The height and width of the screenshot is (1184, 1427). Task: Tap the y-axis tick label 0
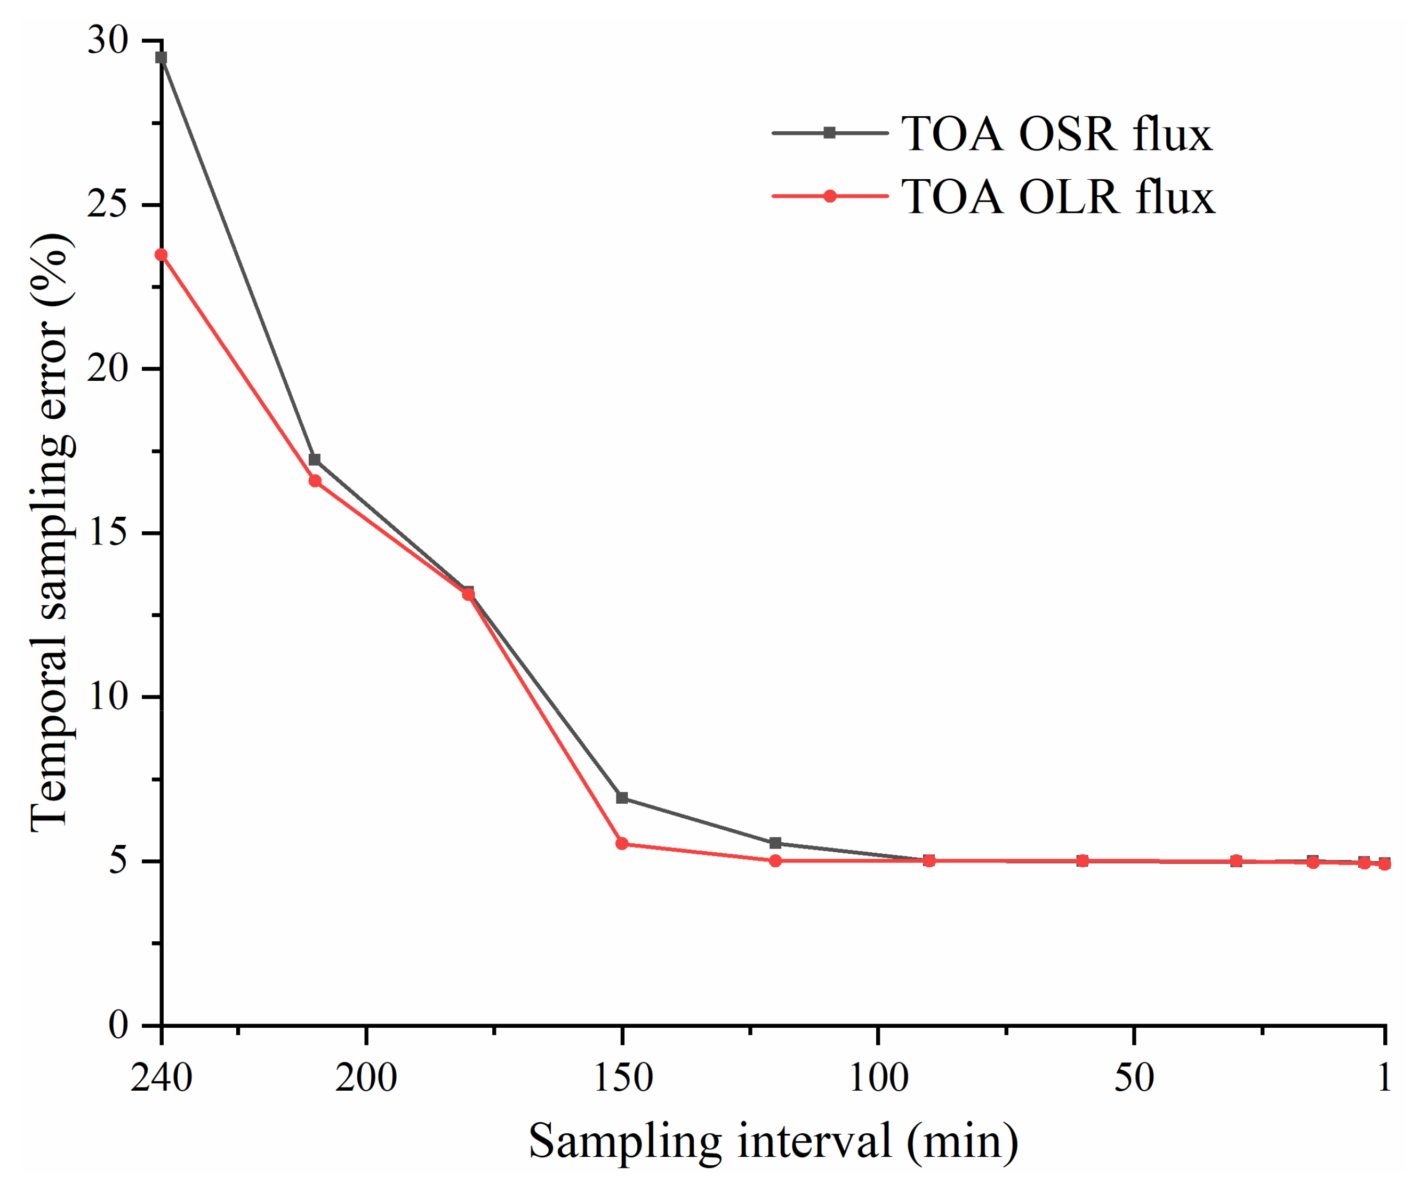point(118,1025)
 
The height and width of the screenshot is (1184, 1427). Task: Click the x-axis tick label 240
point(161,1078)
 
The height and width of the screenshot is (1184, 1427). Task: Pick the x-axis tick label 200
point(366,1078)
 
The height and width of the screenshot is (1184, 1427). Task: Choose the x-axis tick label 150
point(622,1078)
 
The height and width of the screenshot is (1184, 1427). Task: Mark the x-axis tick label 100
point(879,1078)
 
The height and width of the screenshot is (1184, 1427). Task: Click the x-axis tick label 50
point(1134,1078)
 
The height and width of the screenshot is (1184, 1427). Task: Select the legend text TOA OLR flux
point(1057,197)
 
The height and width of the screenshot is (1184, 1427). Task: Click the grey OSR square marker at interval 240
point(161,58)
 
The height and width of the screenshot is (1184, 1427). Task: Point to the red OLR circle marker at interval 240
point(161,255)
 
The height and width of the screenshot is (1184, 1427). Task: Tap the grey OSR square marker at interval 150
point(622,797)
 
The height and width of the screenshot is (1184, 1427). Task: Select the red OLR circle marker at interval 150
point(622,844)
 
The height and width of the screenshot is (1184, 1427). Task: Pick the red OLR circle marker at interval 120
point(775,860)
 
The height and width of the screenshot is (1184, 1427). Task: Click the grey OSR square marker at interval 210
point(315,460)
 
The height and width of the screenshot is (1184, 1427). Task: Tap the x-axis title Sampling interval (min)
point(773,1141)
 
